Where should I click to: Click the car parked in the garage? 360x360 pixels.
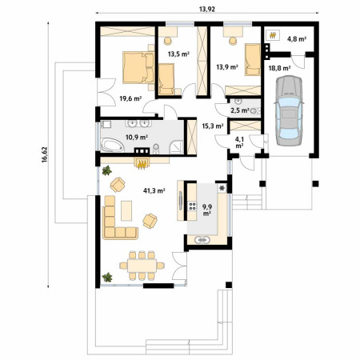[x=289, y=110]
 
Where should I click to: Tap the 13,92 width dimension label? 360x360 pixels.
[x=207, y=9]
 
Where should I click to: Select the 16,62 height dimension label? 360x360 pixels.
[x=44, y=154]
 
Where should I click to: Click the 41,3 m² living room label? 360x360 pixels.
[x=154, y=190]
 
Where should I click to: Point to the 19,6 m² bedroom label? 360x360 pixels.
[x=130, y=98]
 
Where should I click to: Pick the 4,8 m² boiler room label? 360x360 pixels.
[x=297, y=39]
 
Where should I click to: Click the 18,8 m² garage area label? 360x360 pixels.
[x=279, y=68]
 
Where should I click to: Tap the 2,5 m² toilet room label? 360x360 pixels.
[x=240, y=110]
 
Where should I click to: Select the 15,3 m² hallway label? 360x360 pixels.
[x=213, y=126]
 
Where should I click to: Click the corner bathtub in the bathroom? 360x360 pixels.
[x=112, y=145]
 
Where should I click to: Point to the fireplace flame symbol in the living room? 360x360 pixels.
[x=142, y=163]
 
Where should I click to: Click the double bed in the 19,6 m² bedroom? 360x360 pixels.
[x=138, y=68]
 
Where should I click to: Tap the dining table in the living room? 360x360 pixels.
[x=142, y=266]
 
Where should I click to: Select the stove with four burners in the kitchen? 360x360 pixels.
[x=192, y=206]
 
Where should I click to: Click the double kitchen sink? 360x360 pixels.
[x=202, y=240]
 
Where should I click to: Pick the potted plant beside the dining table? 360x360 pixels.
[x=107, y=277]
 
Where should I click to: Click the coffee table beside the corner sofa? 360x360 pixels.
[x=126, y=211]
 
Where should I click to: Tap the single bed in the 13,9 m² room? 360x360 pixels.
[x=253, y=59]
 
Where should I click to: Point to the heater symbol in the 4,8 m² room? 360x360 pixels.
[x=273, y=35]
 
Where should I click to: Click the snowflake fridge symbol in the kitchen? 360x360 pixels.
[x=222, y=189]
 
